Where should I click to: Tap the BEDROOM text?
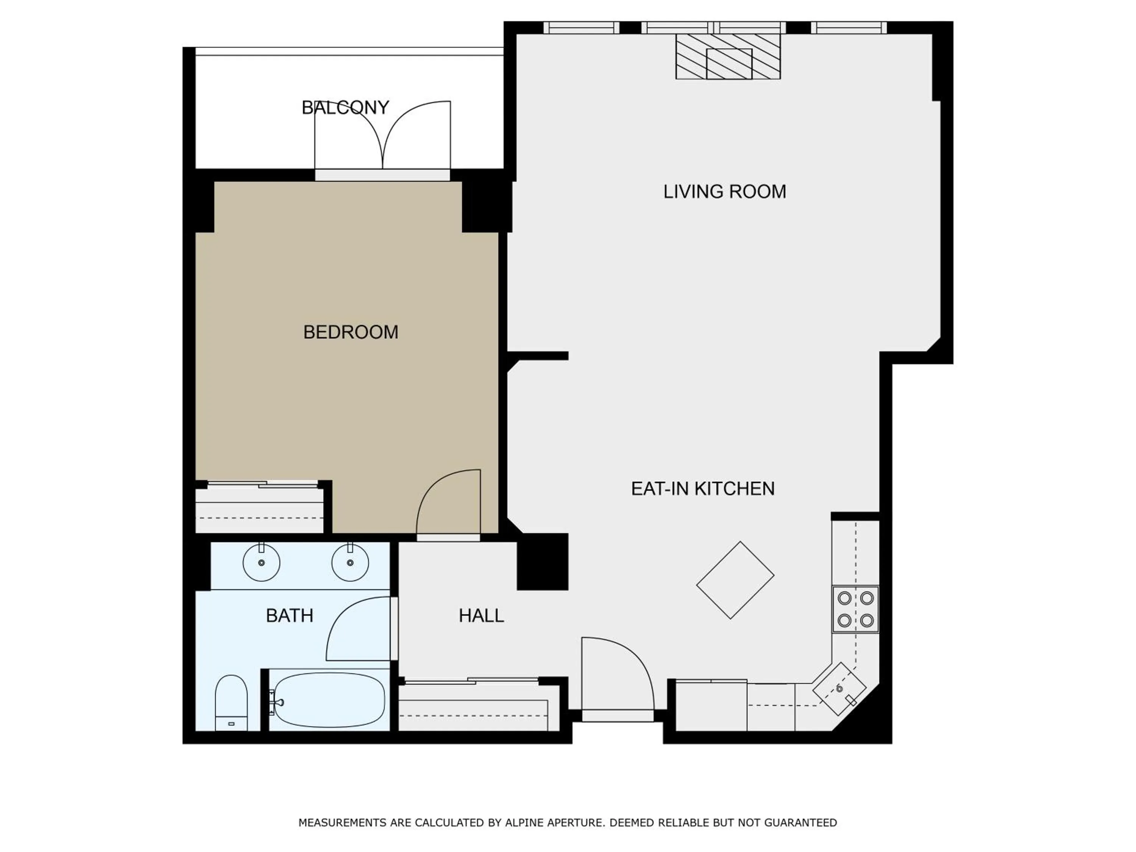pyautogui.click(x=351, y=332)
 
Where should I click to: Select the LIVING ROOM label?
pyautogui.click(x=724, y=192)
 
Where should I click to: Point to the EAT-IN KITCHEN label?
pyautogui.click(x=702, y=488)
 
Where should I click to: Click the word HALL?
pyautogui.click(x=481, y=615)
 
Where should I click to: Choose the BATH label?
pyautogui.click(x=290, y=615)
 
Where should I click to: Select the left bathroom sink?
pyautogui.click(x=261, y=563)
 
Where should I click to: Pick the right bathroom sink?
pyautogui.click(x=350, y=563)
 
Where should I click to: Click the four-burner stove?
pyautogui.click(x=855, y=609)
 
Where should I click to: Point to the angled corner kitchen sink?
pyautogui.click(x=839, y=689)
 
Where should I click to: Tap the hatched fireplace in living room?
pyautogui.click(x=728, y=56)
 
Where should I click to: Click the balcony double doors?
pyautogui.click(x=382, y=136)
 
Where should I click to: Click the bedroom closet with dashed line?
pyautogui.click(x=259, y=510)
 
